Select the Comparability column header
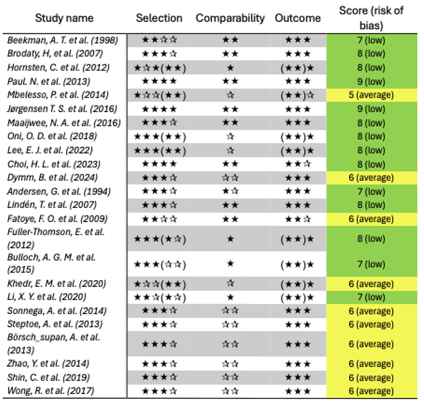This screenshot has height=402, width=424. pos(230,18)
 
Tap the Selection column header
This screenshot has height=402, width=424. pos(159,18)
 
